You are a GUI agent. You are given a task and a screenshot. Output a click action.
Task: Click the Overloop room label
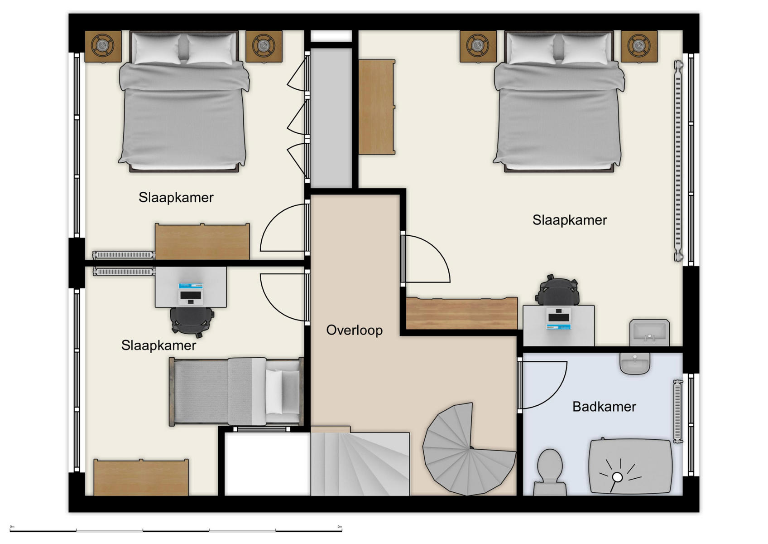click(x=354, y=330)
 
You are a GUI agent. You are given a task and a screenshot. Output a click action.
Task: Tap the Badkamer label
click(x=604, y=407)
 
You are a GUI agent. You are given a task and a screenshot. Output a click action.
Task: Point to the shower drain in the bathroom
click(x=617, y=477)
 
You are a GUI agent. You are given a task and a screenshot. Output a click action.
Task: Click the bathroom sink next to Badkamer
click(x=635, y=363)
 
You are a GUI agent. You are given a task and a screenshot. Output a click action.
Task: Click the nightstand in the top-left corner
click(x=103, y=46)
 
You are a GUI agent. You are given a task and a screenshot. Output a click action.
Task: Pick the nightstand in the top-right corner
click(x=638, y=46)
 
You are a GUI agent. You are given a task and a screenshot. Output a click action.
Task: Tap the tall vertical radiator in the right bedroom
click(x=678, y=161)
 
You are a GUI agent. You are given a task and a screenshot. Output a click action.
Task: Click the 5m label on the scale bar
click(x=340, y=527)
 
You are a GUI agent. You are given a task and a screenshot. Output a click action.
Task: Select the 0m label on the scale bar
click(x=12, y=527)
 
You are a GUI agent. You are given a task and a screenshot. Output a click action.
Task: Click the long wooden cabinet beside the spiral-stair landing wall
click(x=461, y=313)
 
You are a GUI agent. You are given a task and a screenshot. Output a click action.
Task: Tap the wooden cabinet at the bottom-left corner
click(x=141, y=477)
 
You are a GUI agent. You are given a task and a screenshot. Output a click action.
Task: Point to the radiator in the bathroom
click(x=678, y=411)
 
